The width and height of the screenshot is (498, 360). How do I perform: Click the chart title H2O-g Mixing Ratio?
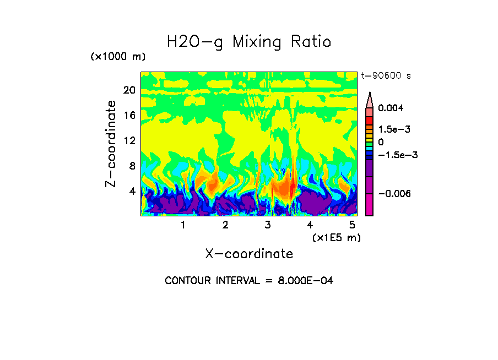click(x=249, y=41)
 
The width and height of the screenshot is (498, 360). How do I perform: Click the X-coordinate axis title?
click(x=249, y=254)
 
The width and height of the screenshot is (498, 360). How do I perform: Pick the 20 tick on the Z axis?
click(x=129, y=90)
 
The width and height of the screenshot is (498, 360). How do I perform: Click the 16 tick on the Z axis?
click(x=129, y=116)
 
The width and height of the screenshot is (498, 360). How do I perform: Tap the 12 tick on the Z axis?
click(x=129, y=140)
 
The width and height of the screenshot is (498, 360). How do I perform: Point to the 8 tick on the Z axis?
click(x=131, y=166)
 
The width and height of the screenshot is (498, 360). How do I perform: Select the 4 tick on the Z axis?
click(x=131, y=191)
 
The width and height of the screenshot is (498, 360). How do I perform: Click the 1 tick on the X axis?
click(x=183, y=225)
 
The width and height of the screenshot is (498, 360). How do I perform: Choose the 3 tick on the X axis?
click(x=268, y=225)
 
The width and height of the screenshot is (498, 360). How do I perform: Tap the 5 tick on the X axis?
click(x=352, y=225)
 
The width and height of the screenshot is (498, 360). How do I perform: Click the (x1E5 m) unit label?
click(x=336, y=237)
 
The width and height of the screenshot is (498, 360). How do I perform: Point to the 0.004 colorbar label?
click(x=391, y=108)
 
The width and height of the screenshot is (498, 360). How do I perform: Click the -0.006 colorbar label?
click(x=396, y=194)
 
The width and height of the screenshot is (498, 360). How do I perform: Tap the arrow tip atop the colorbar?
click(x=370, y=94)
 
